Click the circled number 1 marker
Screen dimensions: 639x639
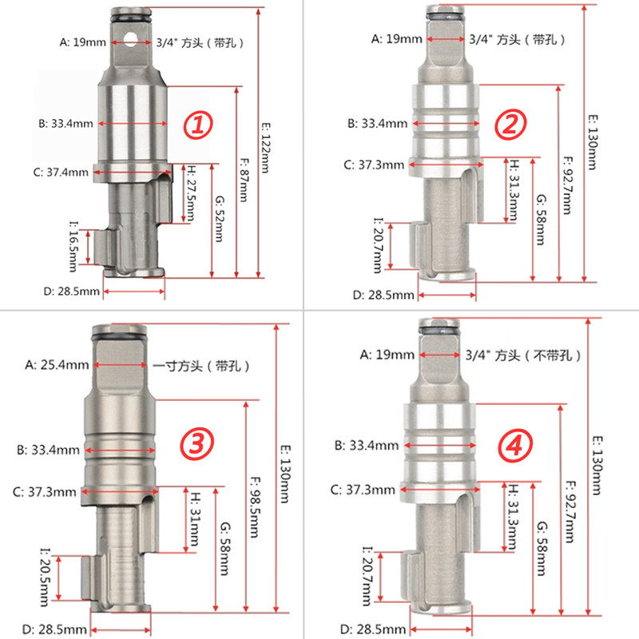coord(197,125)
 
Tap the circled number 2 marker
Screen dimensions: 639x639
coord(510,125)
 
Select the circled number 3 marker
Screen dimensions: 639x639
coord(196,444)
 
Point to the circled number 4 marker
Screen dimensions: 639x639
coord(515,446)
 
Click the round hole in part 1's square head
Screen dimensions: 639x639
coord(131,40)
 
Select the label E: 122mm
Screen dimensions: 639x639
coord(265,148)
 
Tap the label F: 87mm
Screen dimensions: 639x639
coord(244,180)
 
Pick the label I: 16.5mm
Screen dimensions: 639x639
coord(73,246)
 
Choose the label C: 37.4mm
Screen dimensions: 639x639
coord(61,172)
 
